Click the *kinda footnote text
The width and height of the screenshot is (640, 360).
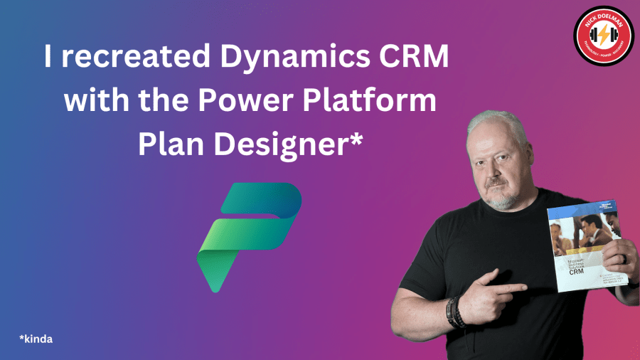(36, 339)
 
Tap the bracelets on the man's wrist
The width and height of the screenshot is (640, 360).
(456, 313)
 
